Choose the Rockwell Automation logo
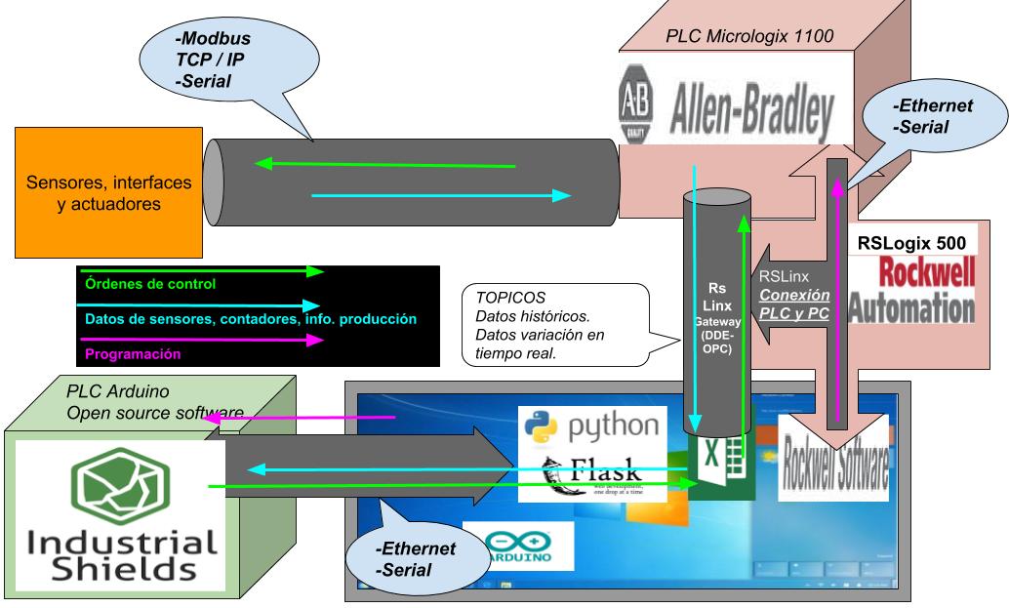[x=912, y=289]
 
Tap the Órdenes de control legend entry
[x=146, y=285]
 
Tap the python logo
[x=589, y=425]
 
